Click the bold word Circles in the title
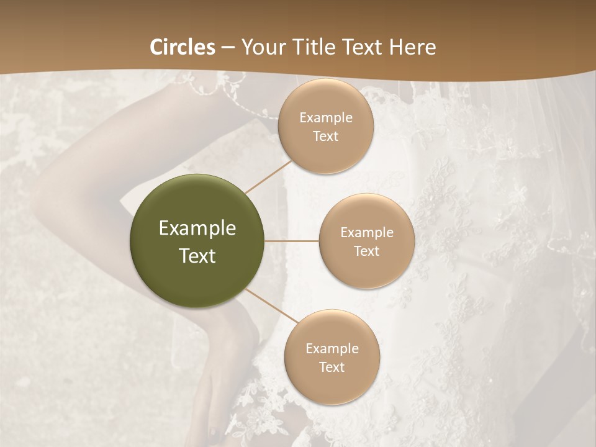click(x=183, y=47)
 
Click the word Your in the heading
click(x=263, y=47)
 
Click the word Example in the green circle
click(x=197, y=228)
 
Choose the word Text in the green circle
click(x=197, y=256)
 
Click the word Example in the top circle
click(x=325, y=117)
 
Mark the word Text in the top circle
click(x=325, y=136)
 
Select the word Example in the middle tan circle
click(x=366, y=232)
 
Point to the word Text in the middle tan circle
click(x=366, y=251)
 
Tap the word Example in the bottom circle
click(x=332, y=348)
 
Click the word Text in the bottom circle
click(x=332, y=367)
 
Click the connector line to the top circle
click(x=268, y=176)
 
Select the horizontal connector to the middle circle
click(x=292, y=241)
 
